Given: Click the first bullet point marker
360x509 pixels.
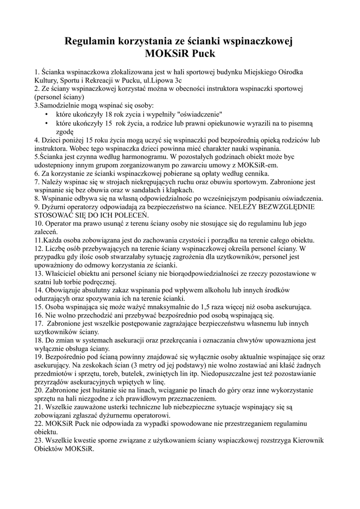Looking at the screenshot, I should coord(46,114).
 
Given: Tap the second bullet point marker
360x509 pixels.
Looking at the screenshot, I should coord(46,123).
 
